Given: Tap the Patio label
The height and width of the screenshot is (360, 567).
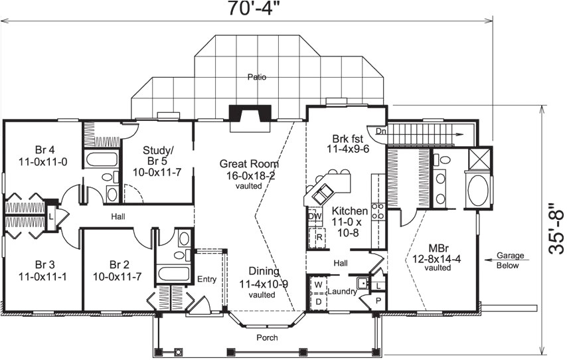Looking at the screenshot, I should tap(257, 77).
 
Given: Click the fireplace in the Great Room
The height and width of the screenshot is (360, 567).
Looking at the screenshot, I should tap(249, 114).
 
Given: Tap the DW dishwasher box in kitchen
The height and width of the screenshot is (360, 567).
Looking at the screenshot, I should tap(315, 216).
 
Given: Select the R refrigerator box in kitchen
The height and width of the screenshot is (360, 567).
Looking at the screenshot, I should tap(319, 236).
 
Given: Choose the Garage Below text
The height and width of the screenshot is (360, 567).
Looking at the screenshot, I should tap(510, 261).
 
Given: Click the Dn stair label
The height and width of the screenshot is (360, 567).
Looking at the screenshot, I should tap(380, 132).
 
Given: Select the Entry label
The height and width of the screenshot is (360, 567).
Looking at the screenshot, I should tap(206, 280).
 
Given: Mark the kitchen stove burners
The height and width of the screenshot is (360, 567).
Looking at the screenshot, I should tap(378, 211).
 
